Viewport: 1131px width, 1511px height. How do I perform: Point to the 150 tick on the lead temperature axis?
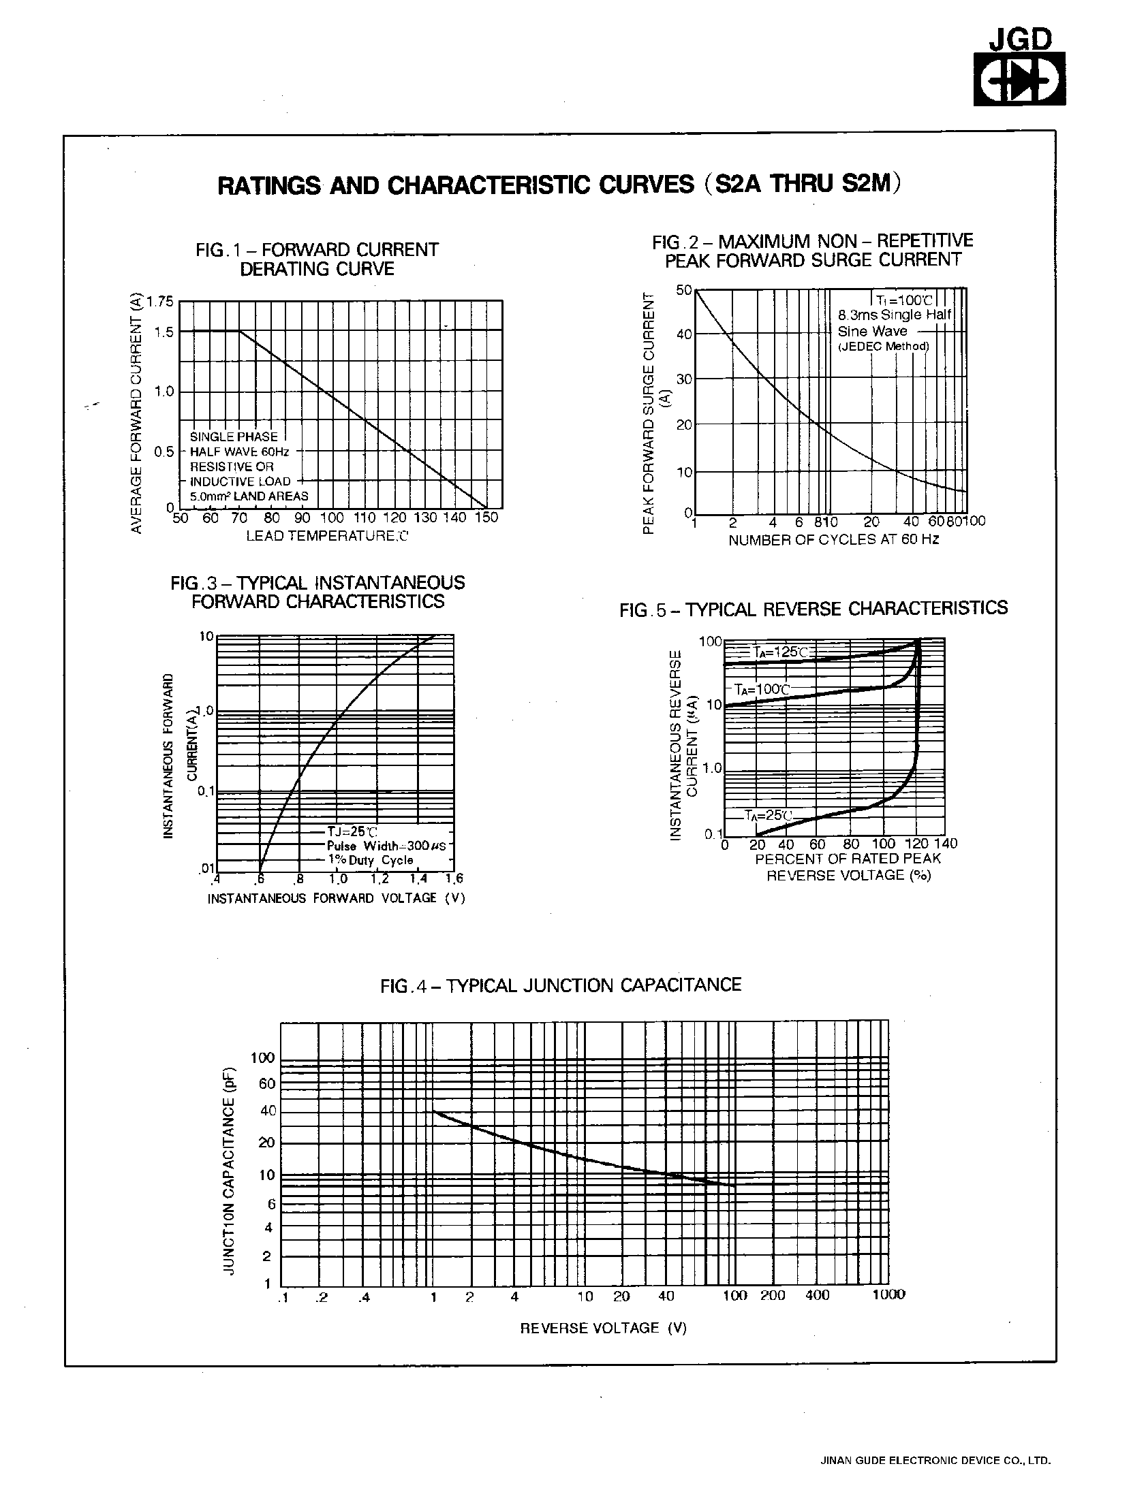pos(486,518)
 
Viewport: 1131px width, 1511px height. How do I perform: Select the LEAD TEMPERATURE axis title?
pos(326,536)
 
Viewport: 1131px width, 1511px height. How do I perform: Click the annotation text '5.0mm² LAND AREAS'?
pos(249,496)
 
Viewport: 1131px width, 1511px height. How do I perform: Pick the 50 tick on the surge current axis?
pos(683,290)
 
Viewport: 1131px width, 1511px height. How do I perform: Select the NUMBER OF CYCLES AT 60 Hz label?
pos(833,539)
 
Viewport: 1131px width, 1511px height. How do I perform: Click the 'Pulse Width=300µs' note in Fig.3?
pos(386,846)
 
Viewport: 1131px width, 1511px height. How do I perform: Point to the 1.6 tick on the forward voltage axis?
pos(454,878)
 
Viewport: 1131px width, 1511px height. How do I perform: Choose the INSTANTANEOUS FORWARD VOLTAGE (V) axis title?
pos(335,898)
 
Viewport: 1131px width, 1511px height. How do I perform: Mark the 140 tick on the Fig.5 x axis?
pos(946,844)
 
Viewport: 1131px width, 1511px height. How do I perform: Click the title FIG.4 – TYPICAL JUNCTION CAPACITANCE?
pos(560,985)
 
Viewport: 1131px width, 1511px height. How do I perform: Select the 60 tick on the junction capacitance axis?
pos(266,1084)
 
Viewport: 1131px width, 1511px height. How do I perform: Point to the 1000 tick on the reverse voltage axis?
pos(888,1294)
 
